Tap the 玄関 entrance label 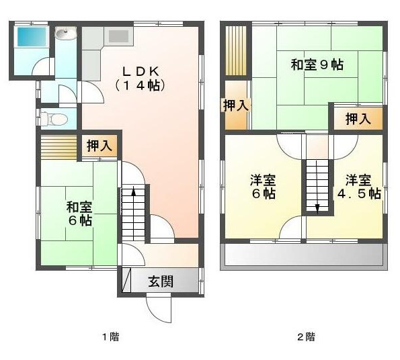(x=161, y=281)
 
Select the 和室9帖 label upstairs (x=317, y=65)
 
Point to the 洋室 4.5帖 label (x=358, y=187)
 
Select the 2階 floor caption (x=306, y=336)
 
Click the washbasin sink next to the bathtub (x=66, y=34)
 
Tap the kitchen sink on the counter (x=118, y=36)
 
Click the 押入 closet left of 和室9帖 (x=236, y=105)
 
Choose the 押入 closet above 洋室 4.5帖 (x=358, y=120)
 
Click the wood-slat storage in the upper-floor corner (x=236, y=51)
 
